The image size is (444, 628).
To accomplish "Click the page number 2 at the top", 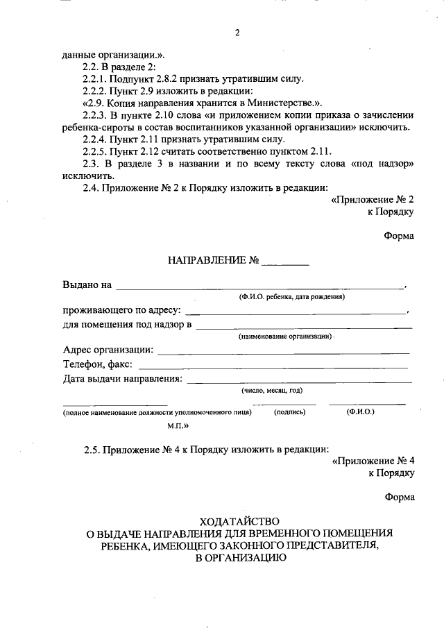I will pyautogui.click(x=237, y=34).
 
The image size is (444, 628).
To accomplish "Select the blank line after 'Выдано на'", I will pyautogui.click(x=260, y=287).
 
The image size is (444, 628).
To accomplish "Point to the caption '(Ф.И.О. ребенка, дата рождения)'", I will pyautogui.click(x=292, y=297).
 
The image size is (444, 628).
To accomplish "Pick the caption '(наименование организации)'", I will pyautogui.click(x=284, y=336).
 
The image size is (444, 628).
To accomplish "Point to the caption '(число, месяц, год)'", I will pyautogui.click(x=272, y=391).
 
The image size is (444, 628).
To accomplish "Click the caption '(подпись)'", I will pyautogui.click(x=289, y=412).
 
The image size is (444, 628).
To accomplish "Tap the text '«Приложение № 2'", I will pyautogui.click(x=373, y=199).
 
